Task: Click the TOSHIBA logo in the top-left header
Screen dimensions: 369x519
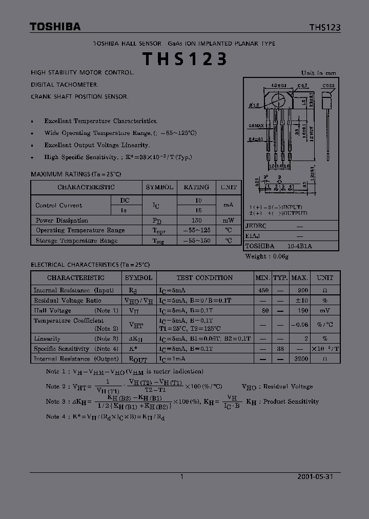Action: point(55,27)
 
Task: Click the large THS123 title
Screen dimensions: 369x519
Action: point(184,59)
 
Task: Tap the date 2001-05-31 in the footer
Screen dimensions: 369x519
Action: point(315,476)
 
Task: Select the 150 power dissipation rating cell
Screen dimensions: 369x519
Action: point(196,220)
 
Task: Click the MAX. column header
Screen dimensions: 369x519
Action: point(299,277)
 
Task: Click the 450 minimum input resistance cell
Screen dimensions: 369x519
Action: point(262,290)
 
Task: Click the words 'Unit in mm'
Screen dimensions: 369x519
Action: point(319,73)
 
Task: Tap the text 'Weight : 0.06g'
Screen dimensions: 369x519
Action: point(266,256)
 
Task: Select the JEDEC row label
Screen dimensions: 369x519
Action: point(255,226)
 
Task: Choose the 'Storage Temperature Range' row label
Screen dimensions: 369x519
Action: point(76,241)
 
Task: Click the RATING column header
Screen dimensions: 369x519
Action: point(196,187)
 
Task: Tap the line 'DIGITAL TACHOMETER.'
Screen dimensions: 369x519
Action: point(65,85)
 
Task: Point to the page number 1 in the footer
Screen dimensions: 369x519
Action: point(182,476)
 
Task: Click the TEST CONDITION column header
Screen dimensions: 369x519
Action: point(204,277)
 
